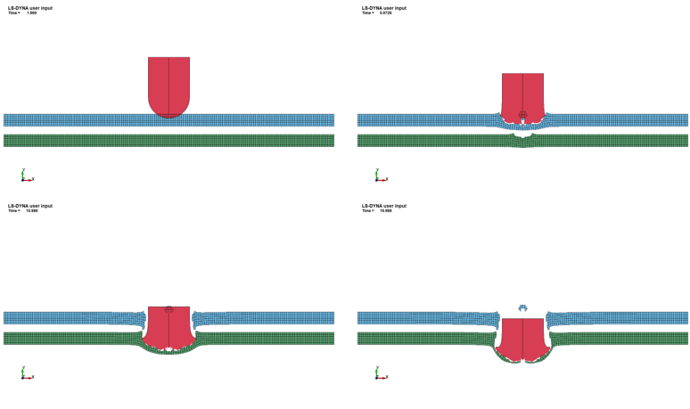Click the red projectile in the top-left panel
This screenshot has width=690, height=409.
pyautogui.click(x=168, y=82)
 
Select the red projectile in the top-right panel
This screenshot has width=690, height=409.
pyautogui.click(x=522, y=92)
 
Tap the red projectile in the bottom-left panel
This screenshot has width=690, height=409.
pyautogui.click(x=168, y=326)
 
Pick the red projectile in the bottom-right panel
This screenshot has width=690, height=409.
pyautogui.click(x=522, y=339)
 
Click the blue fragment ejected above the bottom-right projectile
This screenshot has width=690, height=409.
pyautogui.click(x=523, y=307)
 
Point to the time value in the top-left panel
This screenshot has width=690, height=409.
pyautogui.click(x=32, y=13)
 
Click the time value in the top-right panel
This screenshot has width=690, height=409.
pyautogui.click(x=386, y=13)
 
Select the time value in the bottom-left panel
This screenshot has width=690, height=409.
pyautogui.click(x=32, y=211)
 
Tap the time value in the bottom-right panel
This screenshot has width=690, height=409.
pyautogui.click(x=386, y=211)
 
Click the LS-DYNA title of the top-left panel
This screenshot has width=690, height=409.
pyautogui.click(x=30, y=8)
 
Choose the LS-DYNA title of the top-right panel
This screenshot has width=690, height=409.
pyautogui.click(x=384, y=8)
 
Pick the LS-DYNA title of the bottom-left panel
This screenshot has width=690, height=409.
pyautogui.click(x=30, y=206)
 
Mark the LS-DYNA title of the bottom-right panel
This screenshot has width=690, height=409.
pyautogui.click(x=384, y=206)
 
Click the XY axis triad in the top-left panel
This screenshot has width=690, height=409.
pyautogui.click(x=26, y=176)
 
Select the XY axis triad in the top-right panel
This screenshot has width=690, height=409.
pyautogui.click(x=380, y=176)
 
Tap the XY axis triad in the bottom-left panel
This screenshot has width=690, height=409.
pyautogui.click(x=26, y=374)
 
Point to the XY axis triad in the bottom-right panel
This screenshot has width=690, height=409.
pyautogui.click(x=380, y=374)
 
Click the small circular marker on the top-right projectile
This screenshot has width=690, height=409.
pyautogui.click(x=522, y=115)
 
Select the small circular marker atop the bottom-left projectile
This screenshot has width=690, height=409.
pyautogui.click(x=168, y=310)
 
